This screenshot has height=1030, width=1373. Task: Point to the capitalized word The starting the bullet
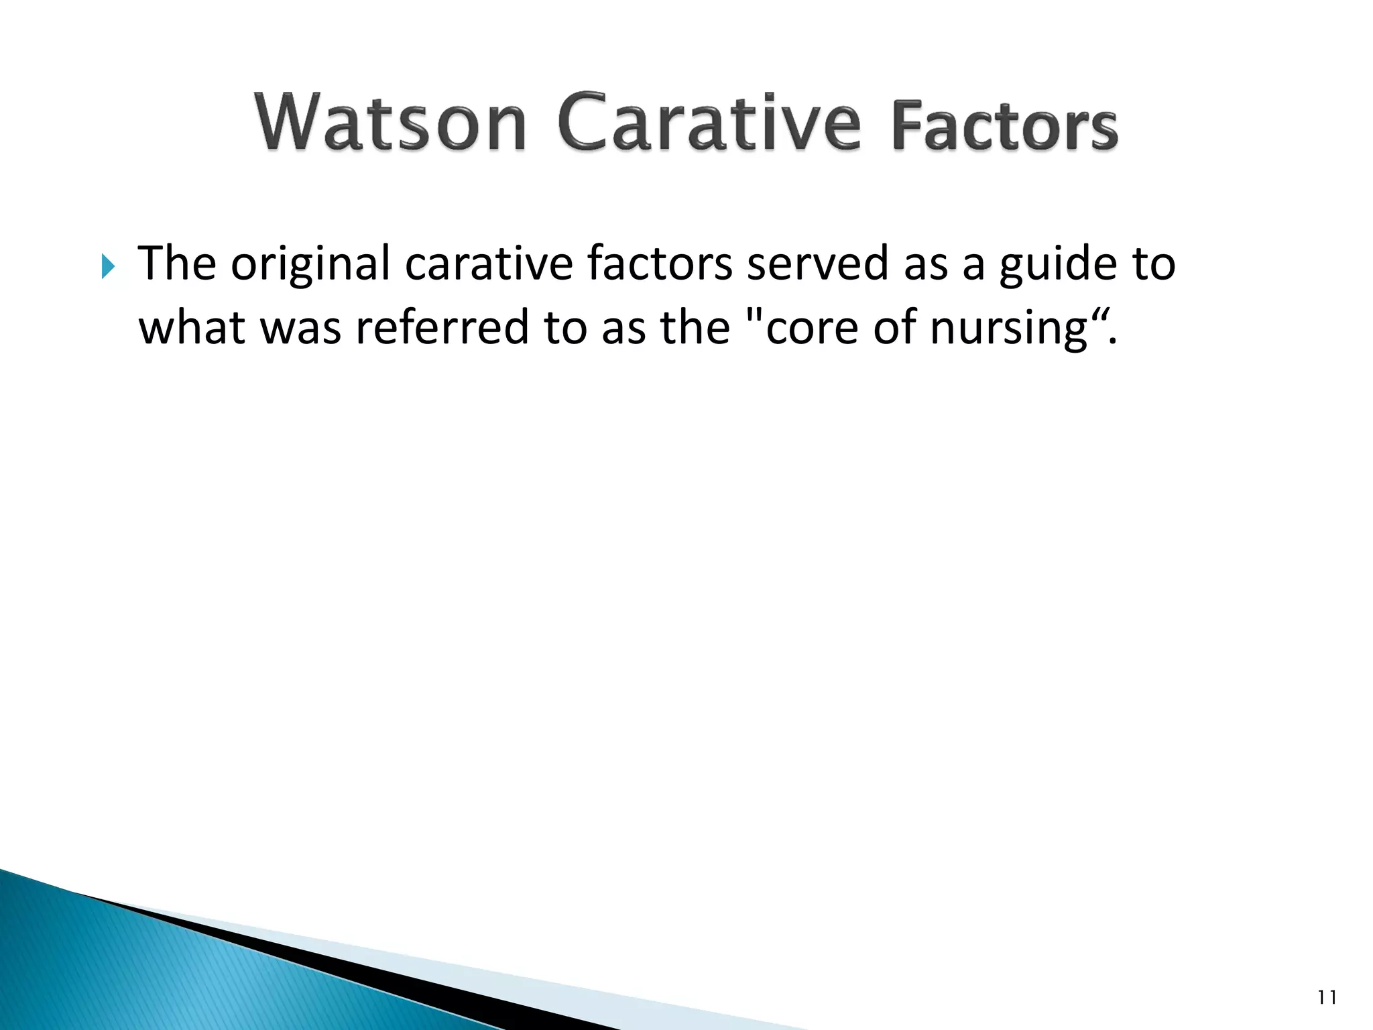pyautogui.click(x=177, y=263)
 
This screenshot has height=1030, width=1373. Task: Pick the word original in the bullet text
pyautogui.click(x=310, y=264)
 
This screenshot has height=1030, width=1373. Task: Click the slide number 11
pyautogui.click(x=1327, y=998)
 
